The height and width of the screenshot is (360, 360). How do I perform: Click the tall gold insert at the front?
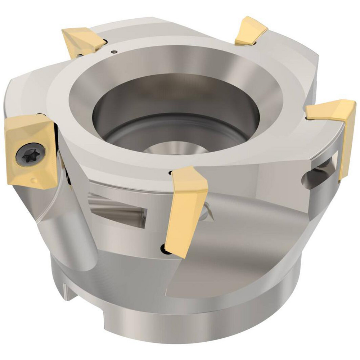187,209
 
